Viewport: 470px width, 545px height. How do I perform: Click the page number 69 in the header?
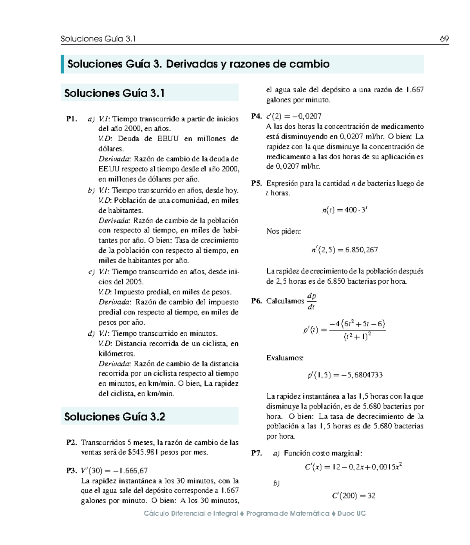[x=444, y=39]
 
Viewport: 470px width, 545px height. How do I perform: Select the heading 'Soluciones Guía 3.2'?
[x=114, y=417]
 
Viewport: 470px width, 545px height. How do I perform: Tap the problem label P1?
[x=72, y=119]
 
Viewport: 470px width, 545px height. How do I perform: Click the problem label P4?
[x=257, y=116]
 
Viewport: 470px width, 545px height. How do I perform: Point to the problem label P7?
[x=257, y=453]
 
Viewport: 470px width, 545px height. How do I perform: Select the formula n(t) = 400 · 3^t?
[x=344, y=210]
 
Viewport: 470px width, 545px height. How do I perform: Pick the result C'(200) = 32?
[x=353, y=496]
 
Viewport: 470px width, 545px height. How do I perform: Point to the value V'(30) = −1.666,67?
[x=114, y=471]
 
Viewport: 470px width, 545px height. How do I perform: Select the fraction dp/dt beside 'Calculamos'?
[x=311, y=301]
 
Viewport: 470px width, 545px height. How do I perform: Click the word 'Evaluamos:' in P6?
[x=285, y=358]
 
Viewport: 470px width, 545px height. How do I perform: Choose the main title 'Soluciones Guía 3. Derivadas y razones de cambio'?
[x=198, y=64]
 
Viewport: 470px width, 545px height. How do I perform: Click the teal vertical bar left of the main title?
[x=62, y=64]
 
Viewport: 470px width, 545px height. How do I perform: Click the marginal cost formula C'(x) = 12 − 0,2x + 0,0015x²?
[x=353, y=467]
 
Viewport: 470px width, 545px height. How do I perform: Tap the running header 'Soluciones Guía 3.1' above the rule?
[x=98, y=39]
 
